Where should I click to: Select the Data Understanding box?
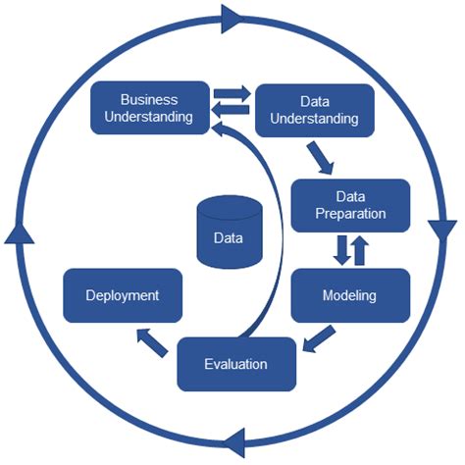pyautogui.click(x=315, y=110)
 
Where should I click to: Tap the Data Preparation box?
pyautogui.click(x=350, y=204)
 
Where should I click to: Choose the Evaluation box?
pyautogui.click(x=236, y=363)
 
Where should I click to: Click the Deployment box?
pyautogui.click(x=123, y=294)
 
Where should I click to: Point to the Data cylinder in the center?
pyautogui.click(x=230, y=233)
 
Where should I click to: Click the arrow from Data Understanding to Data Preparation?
pyautogui.click(x=318, y=157)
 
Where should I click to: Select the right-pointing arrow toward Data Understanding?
pyautogui.click(x=233, y=95)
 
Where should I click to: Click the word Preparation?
pyautogui.click(x=350, y=213)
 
